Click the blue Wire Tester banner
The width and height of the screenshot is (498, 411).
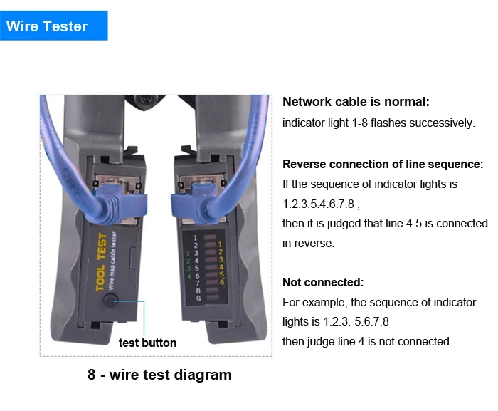click(53, 26)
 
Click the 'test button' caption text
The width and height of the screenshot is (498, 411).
click(147, 343)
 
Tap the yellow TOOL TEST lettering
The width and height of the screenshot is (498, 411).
click(101, 261)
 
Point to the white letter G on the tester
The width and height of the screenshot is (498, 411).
click(198, 298)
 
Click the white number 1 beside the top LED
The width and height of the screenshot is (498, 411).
click(195, 238)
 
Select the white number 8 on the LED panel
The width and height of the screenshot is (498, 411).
click(198, 291)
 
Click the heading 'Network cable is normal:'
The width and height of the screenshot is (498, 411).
click(356, 102)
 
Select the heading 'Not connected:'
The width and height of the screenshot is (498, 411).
click(323, 282)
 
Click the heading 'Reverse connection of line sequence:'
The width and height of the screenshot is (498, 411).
click(383, 164)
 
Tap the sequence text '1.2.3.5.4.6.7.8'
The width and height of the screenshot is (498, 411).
click(318, 204)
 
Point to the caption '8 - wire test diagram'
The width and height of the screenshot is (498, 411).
click(160, 375)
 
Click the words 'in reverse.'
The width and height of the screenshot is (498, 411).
click(308, 244)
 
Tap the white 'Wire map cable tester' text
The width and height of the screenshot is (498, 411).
click(112, 261)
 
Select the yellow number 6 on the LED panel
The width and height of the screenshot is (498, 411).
click(222, 282)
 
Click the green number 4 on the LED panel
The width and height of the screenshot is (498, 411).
click(189, 276)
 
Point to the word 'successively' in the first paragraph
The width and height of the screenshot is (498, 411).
click(441, 123)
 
